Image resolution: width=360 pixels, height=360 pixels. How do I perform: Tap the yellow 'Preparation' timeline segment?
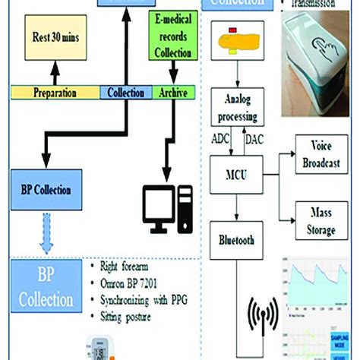pyautogui.click(x=55, y=93)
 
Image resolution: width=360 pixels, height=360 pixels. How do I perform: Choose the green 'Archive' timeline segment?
pyautogui.click(x=175, y=93)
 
